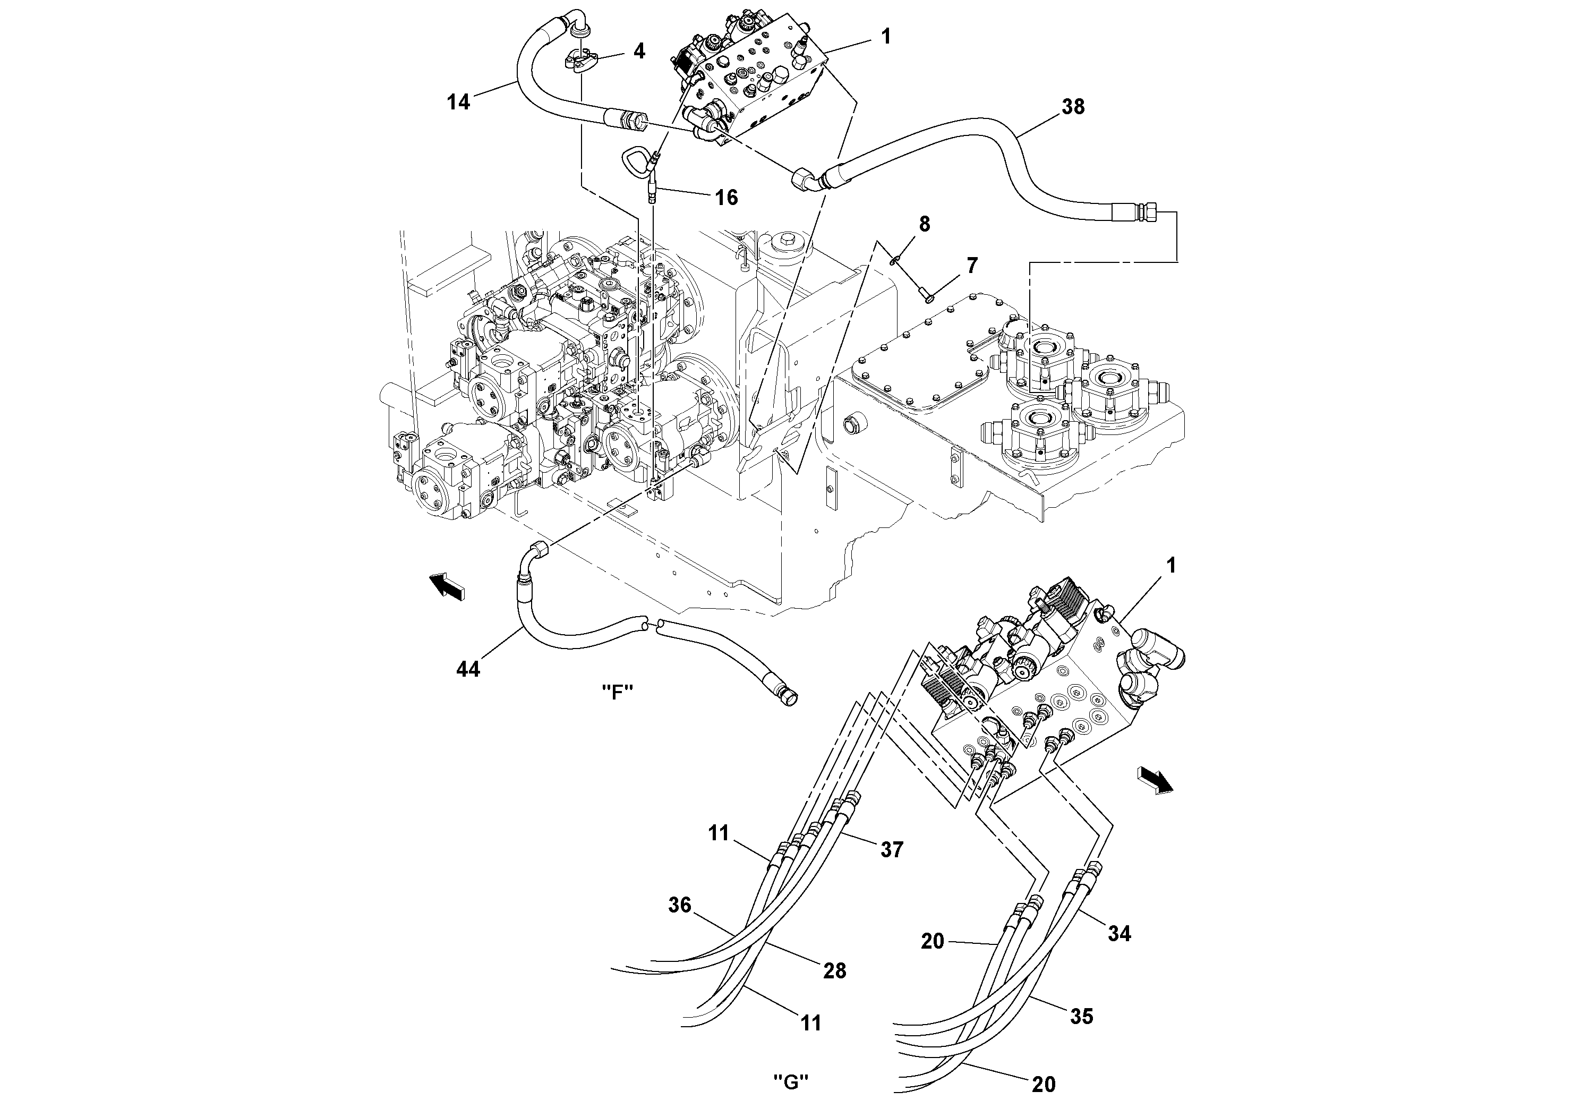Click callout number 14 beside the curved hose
458,103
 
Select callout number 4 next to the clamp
639,51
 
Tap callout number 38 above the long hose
1073,107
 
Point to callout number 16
726,198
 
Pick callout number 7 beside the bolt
972,265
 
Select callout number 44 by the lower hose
468,669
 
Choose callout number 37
892,850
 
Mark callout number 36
680,905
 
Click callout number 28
834,971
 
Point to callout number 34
1119,934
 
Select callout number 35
1081,1017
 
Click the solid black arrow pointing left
446,586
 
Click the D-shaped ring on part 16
634,160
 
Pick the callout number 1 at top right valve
886,37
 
